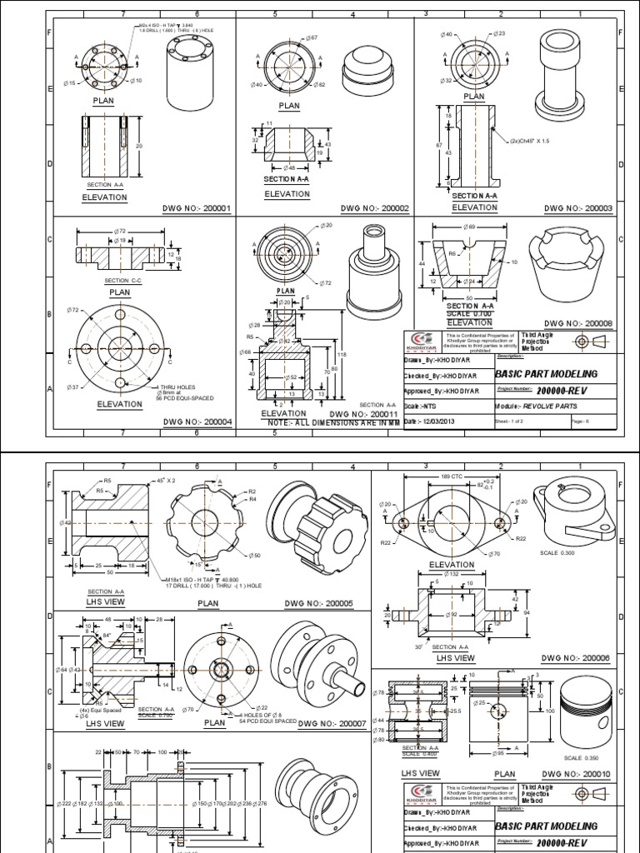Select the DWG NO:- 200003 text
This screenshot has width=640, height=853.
pos(578,208)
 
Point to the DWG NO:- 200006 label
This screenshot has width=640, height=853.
pos(576,658)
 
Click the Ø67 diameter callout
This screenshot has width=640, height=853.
pos(312,38)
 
